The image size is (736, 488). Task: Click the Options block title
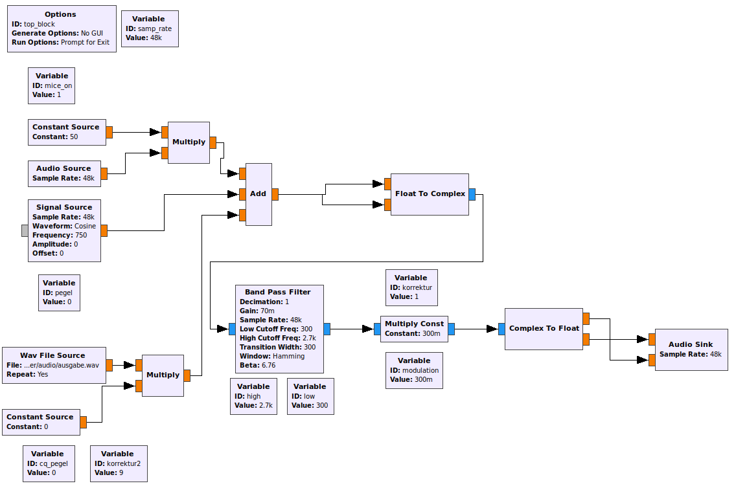60,14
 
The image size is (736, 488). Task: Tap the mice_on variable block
52,85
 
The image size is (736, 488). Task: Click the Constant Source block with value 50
66,132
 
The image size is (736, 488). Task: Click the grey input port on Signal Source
25,231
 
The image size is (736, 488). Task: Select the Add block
258,194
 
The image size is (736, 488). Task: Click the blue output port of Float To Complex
472,194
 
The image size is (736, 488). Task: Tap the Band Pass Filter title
277,292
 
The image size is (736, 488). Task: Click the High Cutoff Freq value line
277,338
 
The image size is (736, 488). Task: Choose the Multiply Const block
414,329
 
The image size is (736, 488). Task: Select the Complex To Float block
544,328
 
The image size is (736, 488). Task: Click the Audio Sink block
691,349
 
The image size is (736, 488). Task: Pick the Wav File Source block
53,365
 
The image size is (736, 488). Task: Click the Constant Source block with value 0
41,422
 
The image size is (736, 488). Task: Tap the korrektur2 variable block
119,463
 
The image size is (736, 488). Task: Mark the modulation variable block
414,370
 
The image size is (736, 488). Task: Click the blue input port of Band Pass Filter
232,329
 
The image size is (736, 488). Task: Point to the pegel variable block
59,293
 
